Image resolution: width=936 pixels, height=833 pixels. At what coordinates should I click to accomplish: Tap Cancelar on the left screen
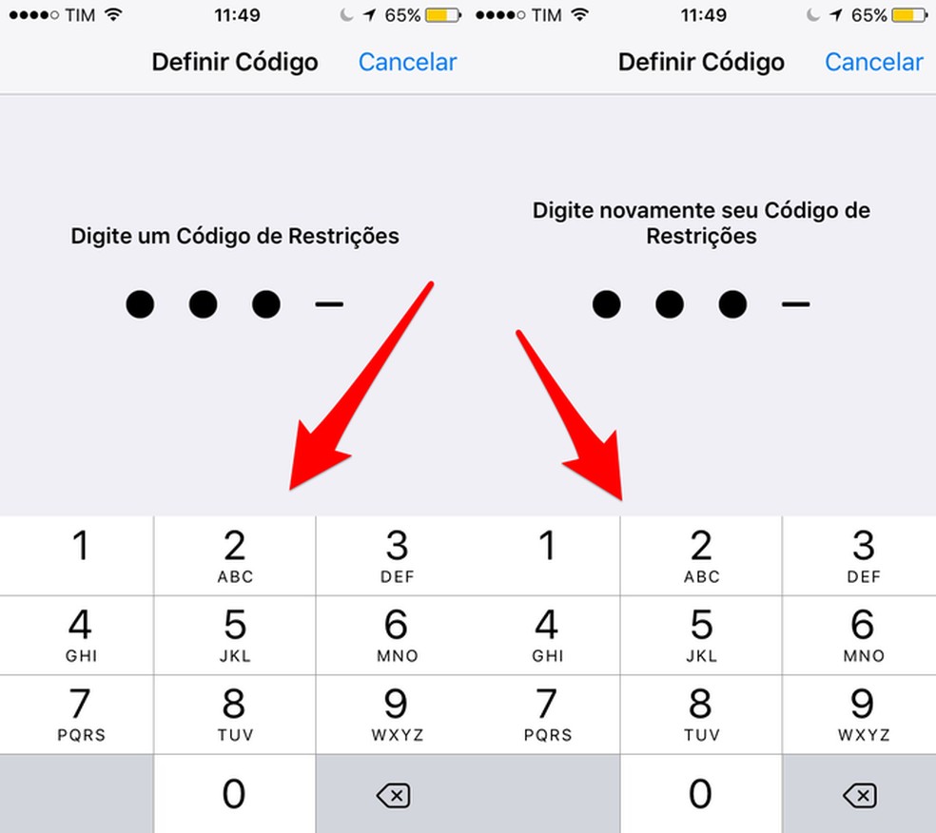click(x=408, y=62)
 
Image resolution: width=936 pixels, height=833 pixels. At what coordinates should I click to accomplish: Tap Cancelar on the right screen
click(x=874, y=62)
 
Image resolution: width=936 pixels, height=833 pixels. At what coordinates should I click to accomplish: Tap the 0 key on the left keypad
click(x=235, y=794)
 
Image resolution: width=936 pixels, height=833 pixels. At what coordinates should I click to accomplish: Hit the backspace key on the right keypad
click(x=860, y=794)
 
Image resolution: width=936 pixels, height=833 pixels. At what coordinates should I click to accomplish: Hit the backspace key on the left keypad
click(x=394, y=794)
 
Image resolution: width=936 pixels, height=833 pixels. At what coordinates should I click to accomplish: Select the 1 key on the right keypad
click(x=546, y=555)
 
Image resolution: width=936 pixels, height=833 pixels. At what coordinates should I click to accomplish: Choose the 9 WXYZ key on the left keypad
click(x=397, y=714)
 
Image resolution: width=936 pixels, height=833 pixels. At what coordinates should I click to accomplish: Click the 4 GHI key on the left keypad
click(x=81, y=635)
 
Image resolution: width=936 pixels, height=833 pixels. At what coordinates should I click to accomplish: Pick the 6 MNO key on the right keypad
click(x=863, y=635)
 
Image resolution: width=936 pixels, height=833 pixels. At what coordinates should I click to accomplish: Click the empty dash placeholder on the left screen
click(x=329, y=304)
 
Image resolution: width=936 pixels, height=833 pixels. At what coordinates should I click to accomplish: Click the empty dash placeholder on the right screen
click(x=796, y=304)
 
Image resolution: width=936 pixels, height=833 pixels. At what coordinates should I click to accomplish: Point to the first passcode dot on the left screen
click(x=140, y=304)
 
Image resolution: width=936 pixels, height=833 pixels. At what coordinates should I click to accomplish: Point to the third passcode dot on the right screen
click(x=732, y=304)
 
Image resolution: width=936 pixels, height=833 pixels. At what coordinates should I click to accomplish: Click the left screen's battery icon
click(x=443, y=15)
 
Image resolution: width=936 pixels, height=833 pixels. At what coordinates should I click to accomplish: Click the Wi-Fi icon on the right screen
click(x=579, y=14)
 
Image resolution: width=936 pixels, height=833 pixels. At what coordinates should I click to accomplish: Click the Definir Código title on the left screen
click(x=235, y=62)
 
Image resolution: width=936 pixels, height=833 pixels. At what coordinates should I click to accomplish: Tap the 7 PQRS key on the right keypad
click(x=547, y=714)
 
